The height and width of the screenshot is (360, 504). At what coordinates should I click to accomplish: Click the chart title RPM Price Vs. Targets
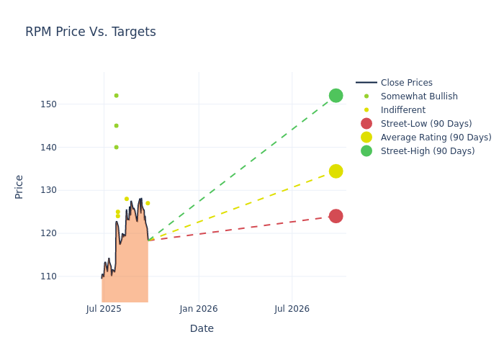(x=90, y=32)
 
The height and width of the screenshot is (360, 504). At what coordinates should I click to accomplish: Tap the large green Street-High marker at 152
(x=336, y=96)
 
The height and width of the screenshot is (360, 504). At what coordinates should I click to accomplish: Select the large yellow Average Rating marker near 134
(x=336, y=171)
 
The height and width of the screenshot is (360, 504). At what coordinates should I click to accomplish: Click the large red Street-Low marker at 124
(x=336, y=216)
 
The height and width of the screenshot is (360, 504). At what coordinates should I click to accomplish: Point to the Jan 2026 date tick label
(x=199, y=309)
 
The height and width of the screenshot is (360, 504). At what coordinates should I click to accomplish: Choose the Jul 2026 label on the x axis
(x=292, y=309)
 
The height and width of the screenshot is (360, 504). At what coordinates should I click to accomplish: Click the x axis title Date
(x=202, y=329)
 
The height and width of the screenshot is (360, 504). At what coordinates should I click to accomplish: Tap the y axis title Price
(x=19, y=186)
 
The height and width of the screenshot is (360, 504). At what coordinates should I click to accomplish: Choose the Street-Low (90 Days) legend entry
(x=426, y=124)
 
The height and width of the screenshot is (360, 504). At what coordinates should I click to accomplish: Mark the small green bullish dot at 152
(x=116, y=96)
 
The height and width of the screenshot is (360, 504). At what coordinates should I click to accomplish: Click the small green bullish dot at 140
(x=116, y=148)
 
